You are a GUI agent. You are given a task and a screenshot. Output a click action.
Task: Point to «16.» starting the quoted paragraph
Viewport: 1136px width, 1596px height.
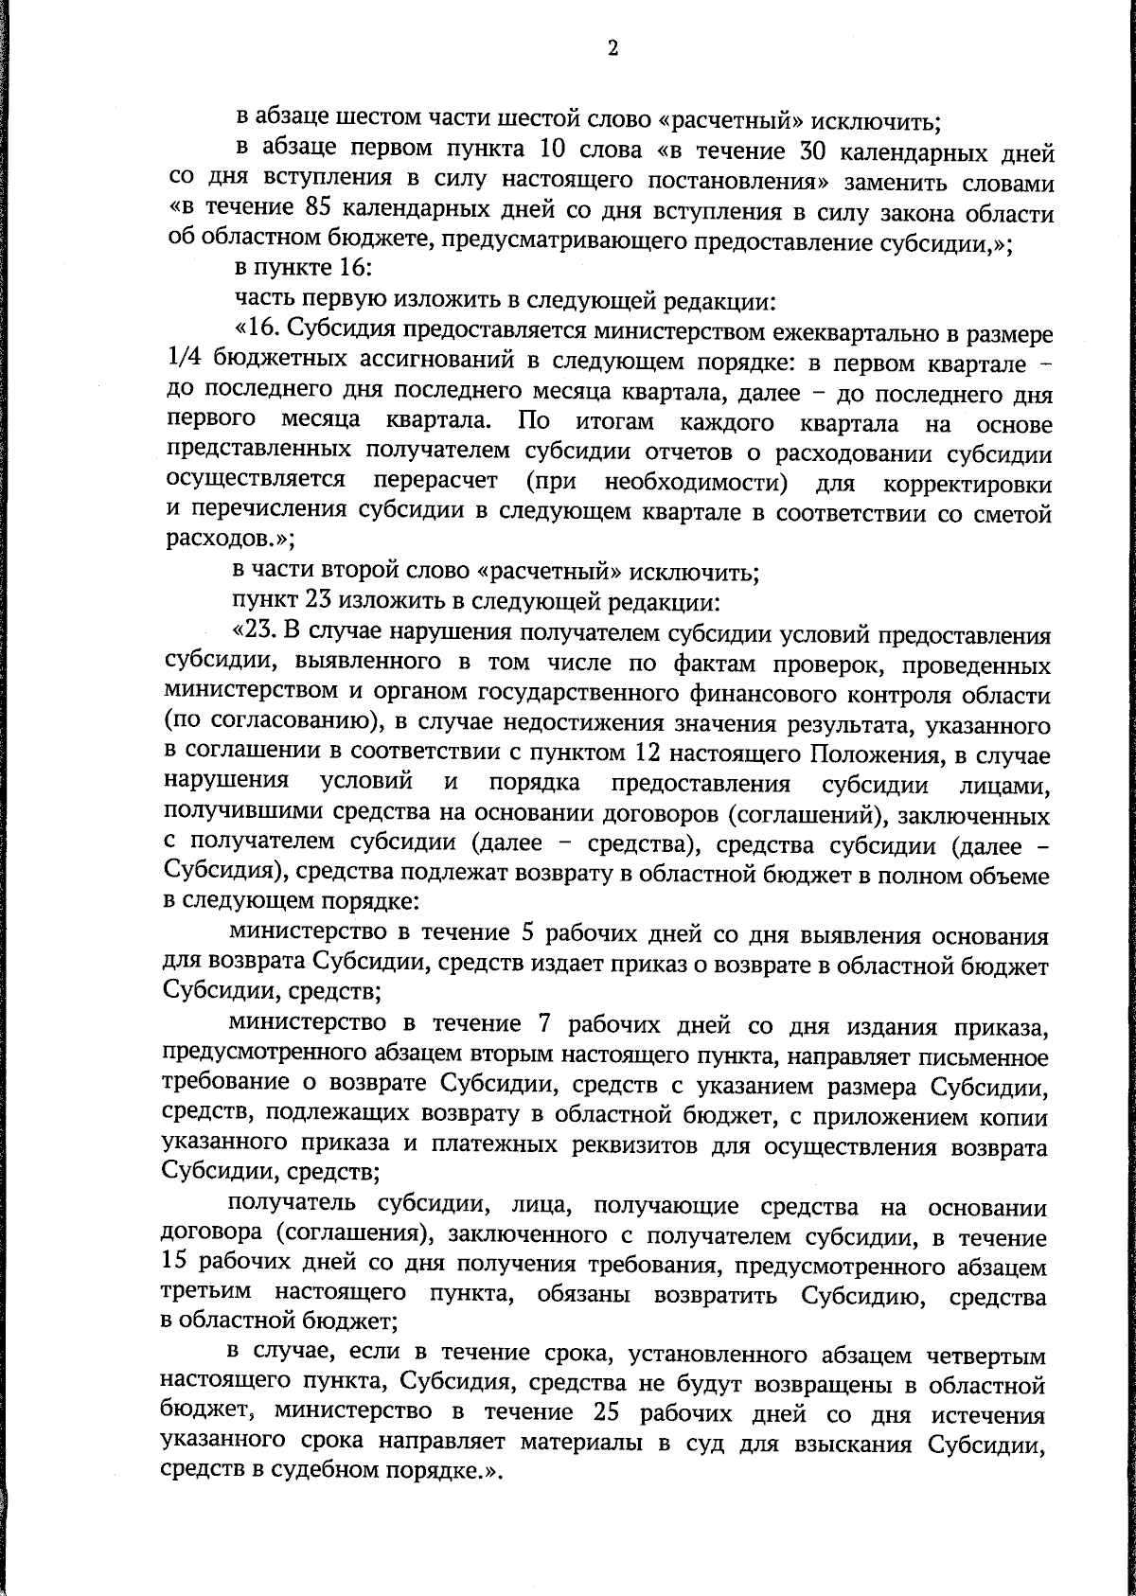tap(257, 332)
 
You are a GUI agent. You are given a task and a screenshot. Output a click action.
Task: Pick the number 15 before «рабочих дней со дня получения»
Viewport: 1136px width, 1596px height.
tap(178, 1267)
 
